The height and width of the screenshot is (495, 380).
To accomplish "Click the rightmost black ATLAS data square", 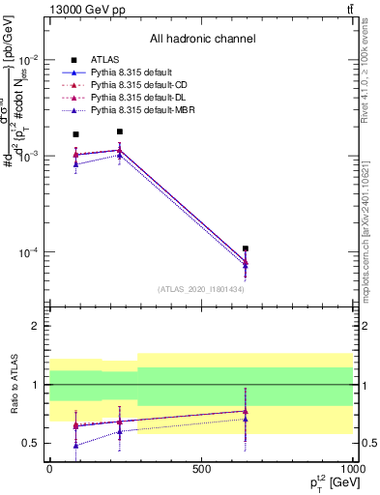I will point(246,248).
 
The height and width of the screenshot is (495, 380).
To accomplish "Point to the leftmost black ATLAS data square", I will point(76,134).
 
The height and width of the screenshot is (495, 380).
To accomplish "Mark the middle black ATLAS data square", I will point(119,131).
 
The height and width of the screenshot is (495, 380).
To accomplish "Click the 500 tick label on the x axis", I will point(201,468).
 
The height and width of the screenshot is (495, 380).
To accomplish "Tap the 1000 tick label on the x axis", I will point(353,468).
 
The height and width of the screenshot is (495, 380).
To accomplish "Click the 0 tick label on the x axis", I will point(49,468).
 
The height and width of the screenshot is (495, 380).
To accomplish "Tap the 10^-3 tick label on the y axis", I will point(28,156).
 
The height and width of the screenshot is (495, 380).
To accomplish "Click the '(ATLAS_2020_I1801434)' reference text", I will point(201,289).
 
